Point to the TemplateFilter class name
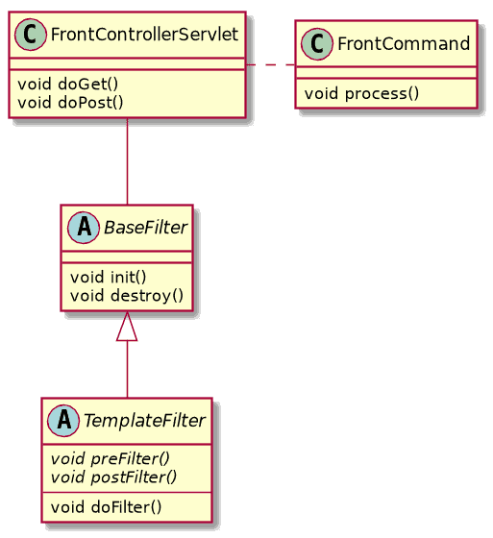point(143,420)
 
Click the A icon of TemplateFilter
point(64,420)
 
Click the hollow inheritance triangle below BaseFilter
point(128,329)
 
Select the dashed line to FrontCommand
point(271,64)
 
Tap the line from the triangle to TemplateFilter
point(128,370)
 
